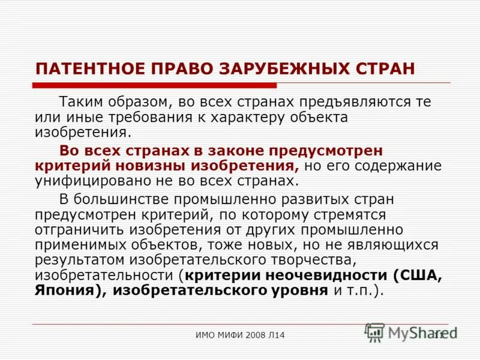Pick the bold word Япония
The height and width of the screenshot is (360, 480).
pyautogui.click(x=64, y=291)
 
